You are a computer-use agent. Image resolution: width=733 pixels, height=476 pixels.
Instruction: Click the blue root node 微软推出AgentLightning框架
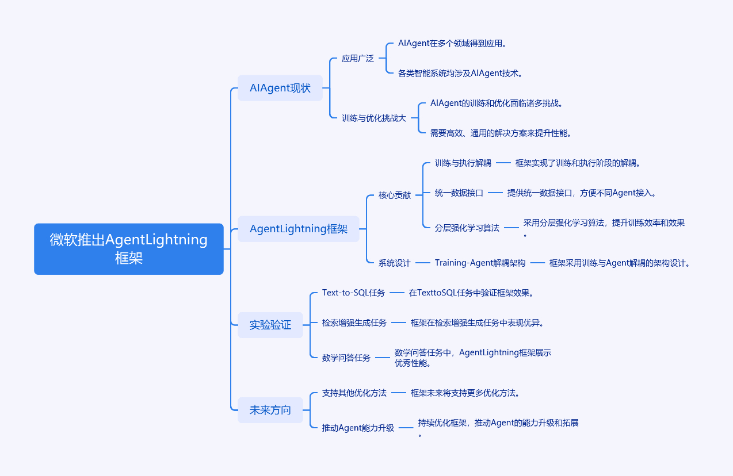point(128,248)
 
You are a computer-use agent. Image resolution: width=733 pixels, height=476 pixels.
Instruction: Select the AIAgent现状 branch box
point(280,88)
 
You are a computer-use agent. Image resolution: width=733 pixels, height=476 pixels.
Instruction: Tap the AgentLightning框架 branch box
point(299,229)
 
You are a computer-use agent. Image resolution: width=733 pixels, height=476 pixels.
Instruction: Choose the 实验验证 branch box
point(270,325)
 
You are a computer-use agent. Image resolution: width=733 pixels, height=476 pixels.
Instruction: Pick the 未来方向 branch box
point(270,410)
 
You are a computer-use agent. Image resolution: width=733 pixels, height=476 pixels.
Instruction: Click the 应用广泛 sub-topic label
point(357,58)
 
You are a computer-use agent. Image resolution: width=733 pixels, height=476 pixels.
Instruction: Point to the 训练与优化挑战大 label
point(374,118)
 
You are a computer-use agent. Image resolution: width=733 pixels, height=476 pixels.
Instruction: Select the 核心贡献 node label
point(394,195)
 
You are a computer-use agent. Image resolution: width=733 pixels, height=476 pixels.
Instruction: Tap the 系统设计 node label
point(394,263)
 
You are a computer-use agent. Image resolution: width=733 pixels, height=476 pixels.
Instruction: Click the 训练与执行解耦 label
point(463,163)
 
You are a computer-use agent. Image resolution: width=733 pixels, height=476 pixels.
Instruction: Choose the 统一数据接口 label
point(459,193)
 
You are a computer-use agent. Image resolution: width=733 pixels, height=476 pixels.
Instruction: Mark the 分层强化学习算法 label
point(467,228)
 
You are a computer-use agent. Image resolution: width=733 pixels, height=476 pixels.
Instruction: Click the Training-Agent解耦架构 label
point(480,263)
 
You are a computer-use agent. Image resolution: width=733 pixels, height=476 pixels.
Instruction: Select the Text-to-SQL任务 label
point(353,293)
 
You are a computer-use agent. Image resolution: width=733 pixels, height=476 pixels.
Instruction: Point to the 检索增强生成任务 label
point(354,323)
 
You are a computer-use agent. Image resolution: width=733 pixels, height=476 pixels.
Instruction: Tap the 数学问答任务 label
point(346,358)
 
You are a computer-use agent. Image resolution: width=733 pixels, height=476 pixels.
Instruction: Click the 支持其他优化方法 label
point(354,393)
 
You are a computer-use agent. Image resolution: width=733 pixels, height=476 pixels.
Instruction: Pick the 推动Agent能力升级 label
point(358,428)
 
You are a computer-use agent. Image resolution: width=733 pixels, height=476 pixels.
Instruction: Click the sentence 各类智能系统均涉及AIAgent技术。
point(460,73)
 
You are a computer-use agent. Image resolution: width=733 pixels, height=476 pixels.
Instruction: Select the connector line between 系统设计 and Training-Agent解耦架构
point(423,263)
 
